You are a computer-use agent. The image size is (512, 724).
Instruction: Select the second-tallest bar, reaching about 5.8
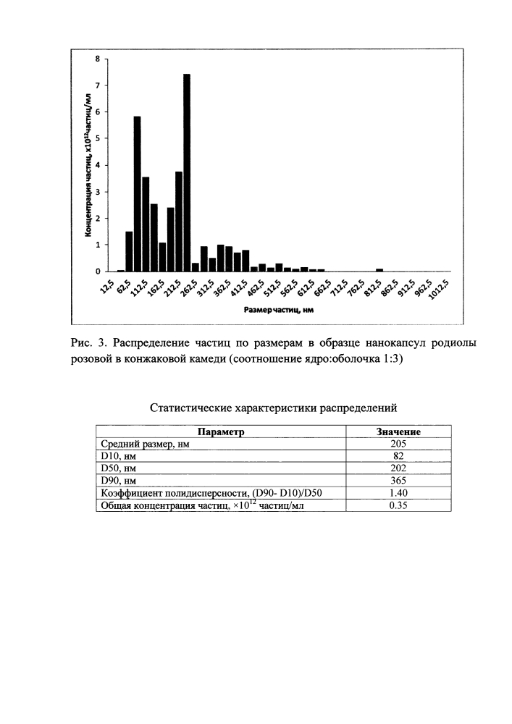point(137,193)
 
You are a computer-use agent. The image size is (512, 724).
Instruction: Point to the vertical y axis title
point(87,164)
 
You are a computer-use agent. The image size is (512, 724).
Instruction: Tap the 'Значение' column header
point(398,432)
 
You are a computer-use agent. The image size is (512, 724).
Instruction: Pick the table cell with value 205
point(398,444)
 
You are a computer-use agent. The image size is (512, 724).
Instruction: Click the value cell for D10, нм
point(398,456)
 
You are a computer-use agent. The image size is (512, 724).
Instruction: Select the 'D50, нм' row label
point(117,468)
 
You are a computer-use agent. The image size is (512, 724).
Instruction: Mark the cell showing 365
point(398,481)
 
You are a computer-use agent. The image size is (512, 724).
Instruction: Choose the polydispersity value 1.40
point(398,493)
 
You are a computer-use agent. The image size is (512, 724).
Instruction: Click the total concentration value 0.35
point(398,505)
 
